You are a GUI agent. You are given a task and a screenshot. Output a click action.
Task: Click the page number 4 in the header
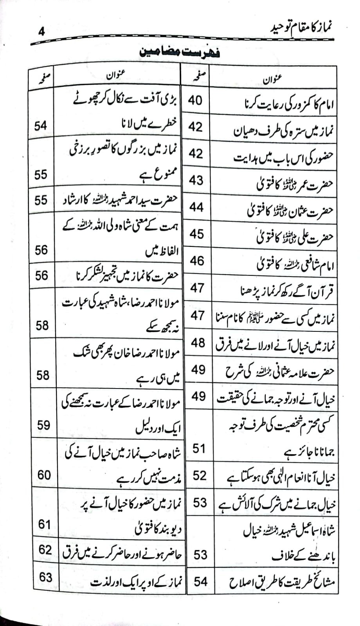click(41, 31)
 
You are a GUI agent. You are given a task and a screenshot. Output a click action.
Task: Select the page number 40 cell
click(195, 100)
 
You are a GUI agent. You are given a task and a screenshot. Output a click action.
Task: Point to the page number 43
click(196, 180)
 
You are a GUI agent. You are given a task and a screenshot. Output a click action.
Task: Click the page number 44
click(196, 207)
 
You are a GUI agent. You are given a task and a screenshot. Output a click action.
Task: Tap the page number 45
click(196, 234)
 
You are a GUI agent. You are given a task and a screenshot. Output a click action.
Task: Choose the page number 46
click(197, 261)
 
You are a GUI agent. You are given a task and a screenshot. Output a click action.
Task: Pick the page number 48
click(198, 343)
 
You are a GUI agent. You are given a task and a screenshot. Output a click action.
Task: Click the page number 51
click(199, 448)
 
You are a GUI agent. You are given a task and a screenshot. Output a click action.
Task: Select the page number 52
click(199, 475)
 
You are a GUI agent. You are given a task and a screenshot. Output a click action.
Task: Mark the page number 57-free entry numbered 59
click(43, 425)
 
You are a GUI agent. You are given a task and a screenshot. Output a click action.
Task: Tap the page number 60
click(44, 475)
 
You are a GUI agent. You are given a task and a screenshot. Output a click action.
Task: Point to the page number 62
click(45, 550)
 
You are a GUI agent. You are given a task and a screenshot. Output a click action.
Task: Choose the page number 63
click(45, 577)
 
